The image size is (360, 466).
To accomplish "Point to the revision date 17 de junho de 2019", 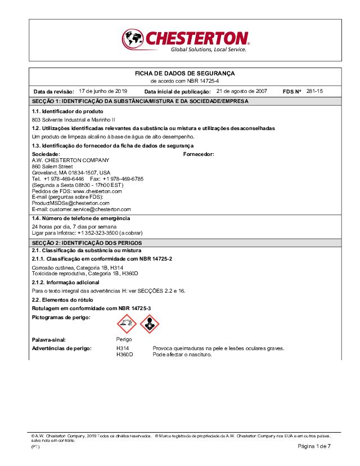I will click(x=103, y=91).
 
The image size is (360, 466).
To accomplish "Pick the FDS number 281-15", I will click(x=314, y=91).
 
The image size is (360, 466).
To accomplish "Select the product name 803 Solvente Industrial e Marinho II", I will click(x=74, y=120).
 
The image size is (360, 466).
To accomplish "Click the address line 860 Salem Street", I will click(x=52, y=166).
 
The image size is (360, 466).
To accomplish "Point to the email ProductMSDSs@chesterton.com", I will click(x=70, y=203).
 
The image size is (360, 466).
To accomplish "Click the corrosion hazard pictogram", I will click(x=126, y=324).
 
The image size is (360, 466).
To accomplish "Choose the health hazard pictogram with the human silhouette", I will click(x=150, y=324).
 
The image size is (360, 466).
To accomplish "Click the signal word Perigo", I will click(x=124, y=340).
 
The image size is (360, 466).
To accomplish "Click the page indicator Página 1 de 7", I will click(x=314, y=446).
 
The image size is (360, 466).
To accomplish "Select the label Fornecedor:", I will click(x=199, y=154).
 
